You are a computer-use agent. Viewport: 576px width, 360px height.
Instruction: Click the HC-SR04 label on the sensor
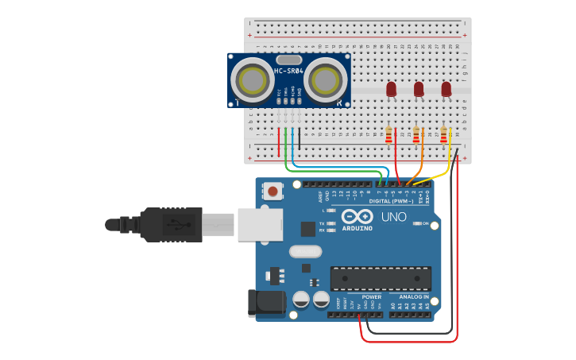[x=288, y=72]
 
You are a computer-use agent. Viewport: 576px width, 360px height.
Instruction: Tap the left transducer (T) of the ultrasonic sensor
[x=253, y=80]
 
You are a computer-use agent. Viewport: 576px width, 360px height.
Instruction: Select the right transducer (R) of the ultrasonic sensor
[x=324, y=80]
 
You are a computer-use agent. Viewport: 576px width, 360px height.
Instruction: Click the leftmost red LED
[x=391, y=90]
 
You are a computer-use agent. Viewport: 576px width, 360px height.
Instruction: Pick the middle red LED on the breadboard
[x=419, y=90]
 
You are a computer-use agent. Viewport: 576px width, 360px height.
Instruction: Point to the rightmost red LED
[x=446, y=90]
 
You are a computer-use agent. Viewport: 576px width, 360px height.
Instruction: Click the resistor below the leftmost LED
[x=389, y=136]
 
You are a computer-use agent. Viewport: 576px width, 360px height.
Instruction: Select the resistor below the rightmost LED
[x=443, y=136]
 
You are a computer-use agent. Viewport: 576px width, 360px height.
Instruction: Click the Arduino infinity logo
[x=357, y=217]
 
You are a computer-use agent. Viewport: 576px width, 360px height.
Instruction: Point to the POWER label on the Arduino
[x=371, y=296]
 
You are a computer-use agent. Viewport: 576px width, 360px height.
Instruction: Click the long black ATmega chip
[x=381, y=279]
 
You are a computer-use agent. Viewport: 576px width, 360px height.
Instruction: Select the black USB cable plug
[x=171, y=224]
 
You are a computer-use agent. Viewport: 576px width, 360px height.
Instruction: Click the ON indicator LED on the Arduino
[x=417, y=224]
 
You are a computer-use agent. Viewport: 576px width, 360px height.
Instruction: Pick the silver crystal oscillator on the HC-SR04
[x=288, y=60]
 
